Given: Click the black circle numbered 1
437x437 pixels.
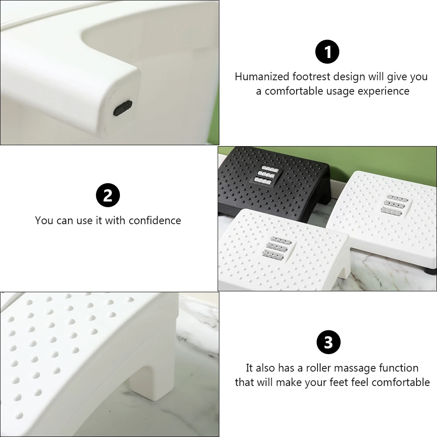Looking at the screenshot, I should (327, 52).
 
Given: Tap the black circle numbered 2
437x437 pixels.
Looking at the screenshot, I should (108, 196).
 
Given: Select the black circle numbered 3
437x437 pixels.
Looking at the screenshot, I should (328, 342).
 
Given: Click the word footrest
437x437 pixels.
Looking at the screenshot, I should (312, 77).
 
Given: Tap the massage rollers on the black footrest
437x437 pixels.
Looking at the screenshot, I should (267, 175).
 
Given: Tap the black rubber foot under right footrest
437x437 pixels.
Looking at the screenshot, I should (432, 271).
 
